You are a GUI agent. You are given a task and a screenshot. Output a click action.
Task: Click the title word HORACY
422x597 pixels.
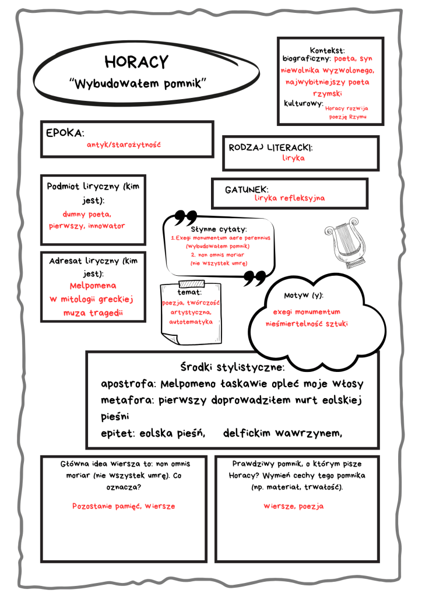pyautogui.click(x=136, y=62)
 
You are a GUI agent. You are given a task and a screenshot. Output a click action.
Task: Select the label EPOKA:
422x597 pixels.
pyautogui.click(x=65, y=132)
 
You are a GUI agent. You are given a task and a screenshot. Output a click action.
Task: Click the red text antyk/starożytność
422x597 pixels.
pyautogui.click(x=123, y=144)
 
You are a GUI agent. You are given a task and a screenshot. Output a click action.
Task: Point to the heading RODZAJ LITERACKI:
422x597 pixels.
pyautogui.click(x=270, y=147)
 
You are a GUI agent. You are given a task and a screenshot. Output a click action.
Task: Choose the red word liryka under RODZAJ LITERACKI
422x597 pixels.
pyautogui.click(x=293, y=158)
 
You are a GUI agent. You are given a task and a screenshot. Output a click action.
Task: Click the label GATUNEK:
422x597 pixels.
pyautogui.click(x=247, y=189)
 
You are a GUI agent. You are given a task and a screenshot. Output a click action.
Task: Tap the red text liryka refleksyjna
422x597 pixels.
pyautogui.click(x=290, y=198)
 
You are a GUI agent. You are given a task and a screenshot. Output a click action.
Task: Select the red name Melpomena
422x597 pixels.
pyautogui.click(x=93, y=286)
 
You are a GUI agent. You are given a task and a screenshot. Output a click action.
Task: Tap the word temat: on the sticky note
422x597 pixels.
pyautogui.click(x=190, y=292)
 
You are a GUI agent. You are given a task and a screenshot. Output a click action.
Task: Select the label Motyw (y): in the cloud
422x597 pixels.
pyautogui.click(x=304, y=296)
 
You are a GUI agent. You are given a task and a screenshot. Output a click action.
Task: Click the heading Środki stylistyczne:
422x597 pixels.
pyautogui.click(x=232, y=368)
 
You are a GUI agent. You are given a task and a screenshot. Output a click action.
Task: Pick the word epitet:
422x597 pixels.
pyautogui.click(x=118, y=433)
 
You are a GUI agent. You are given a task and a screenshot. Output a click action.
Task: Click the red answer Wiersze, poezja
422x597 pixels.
pyautogui.click(x=294, y=506)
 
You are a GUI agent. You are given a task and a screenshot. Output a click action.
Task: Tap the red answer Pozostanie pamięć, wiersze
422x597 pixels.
pyautogui.click(x=124, y=506)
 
